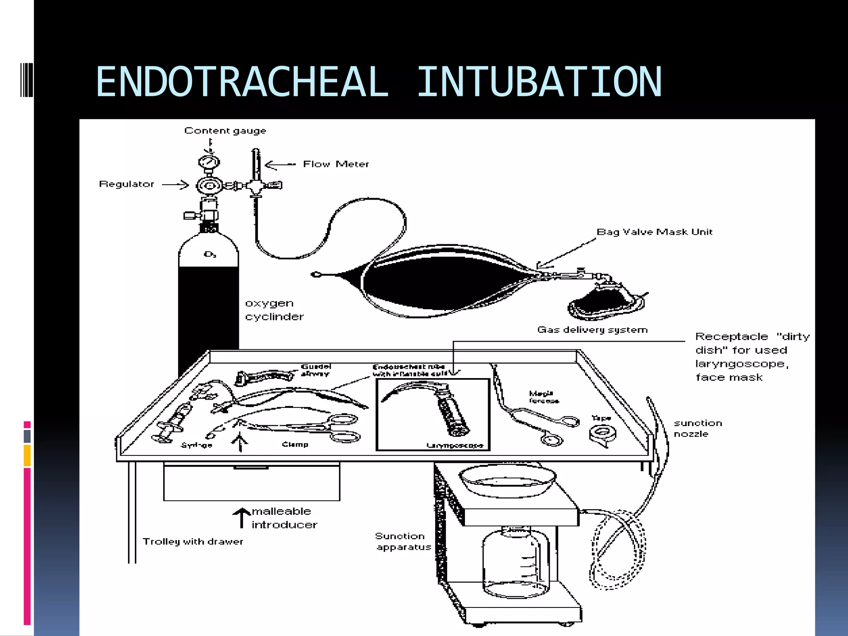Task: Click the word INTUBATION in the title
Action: pos(539,82)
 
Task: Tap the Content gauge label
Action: pos(225,131)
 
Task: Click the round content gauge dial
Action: pos(209,161)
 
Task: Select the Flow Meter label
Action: pos(335,164)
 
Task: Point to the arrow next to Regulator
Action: pos(175,185)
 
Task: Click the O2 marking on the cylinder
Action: pos(210,254)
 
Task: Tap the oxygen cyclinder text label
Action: pos(274,310)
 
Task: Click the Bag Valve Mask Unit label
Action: pos(654,232)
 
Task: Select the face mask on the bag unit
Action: pos(605,302)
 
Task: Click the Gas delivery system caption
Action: pos(592,330)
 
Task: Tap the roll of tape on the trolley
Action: pos(602,434)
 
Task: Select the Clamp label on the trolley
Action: pos(295,445)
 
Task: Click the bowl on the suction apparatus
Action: pos(507,480)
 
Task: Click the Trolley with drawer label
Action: pos(193,542)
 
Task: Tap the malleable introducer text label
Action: pos(284,518)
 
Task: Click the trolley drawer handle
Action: pos(251,468)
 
